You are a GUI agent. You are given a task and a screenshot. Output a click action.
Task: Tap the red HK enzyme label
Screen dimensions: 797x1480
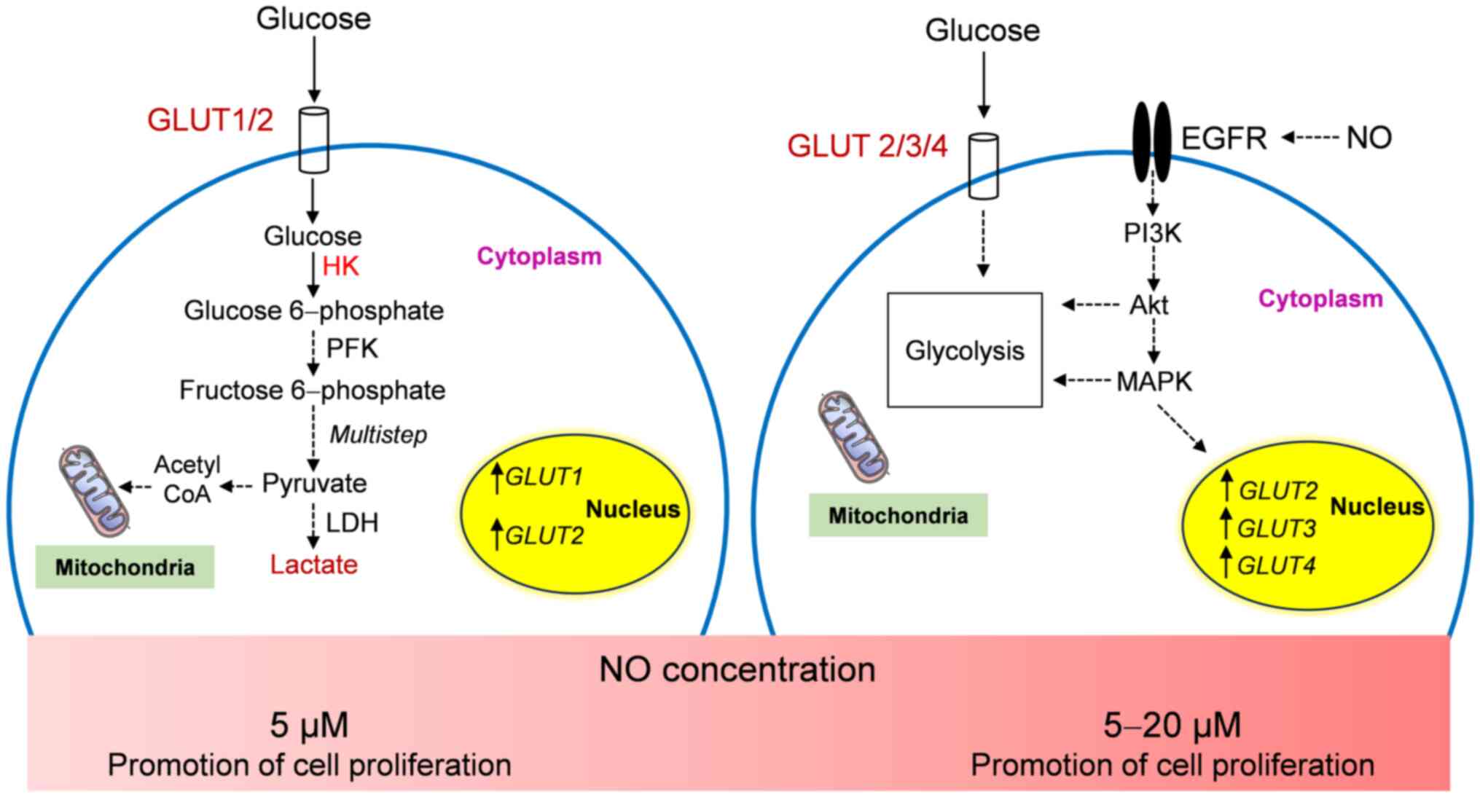[340, 267]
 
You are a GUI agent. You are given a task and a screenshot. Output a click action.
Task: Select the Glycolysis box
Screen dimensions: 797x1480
[964, 350]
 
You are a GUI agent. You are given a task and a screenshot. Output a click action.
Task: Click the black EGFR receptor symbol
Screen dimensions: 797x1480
[1151, 141]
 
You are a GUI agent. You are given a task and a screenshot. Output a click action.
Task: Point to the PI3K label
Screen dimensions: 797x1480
[1152, 233]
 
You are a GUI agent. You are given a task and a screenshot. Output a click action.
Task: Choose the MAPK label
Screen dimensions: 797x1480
[1154, 381]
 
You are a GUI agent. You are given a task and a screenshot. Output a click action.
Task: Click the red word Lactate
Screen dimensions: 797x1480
[313, 565]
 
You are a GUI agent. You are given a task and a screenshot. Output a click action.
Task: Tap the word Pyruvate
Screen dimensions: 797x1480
[314, 483]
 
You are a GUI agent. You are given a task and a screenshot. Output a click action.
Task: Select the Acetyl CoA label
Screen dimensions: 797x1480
[187, 479]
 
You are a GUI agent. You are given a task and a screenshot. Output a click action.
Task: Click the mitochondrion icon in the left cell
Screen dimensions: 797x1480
[95, 490]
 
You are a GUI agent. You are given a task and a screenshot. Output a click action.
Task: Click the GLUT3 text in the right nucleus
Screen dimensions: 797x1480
[1277, 528]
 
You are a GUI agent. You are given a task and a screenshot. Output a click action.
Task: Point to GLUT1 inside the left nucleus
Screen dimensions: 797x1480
[544, 477]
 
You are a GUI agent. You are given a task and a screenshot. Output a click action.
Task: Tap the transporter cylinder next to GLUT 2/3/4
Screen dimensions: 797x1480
[983, 165]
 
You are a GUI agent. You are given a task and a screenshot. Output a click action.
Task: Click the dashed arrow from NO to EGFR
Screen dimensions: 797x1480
[1310, 137]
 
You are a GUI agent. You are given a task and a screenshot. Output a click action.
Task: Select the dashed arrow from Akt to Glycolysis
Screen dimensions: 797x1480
[1090, 305]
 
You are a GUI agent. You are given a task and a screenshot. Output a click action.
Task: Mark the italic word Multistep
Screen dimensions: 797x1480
[377, 435]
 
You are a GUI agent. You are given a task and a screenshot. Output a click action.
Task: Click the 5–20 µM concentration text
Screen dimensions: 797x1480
[1172, 726]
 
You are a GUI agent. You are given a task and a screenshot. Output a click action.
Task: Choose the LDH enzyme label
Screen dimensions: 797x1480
[351, 523]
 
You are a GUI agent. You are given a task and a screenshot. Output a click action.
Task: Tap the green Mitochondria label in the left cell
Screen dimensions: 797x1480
[125, 567]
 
